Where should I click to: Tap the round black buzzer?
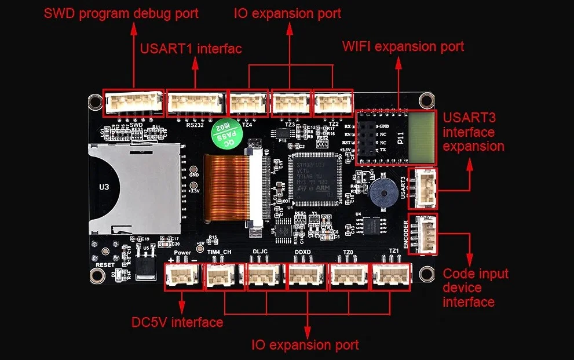pyautogui.click(x=382, y=190)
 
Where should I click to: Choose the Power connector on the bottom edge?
pyautogui.click(x=182, y=277)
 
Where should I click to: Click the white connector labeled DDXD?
pyautogui.click(x=306, y=277)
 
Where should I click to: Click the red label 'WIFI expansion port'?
pyautogui.click(x=403, y=46)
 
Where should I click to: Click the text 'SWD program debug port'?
pyautogui.click(x=121, y=13)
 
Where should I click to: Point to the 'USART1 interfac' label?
pyautogui.click(x=191, y=48)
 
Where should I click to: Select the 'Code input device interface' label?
pyautogui.click(x=475, y=288)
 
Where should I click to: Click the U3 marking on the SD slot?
pyautogui.click(x=104, y=187)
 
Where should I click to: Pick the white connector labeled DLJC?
pyautogui.click(x=265, y=277)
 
